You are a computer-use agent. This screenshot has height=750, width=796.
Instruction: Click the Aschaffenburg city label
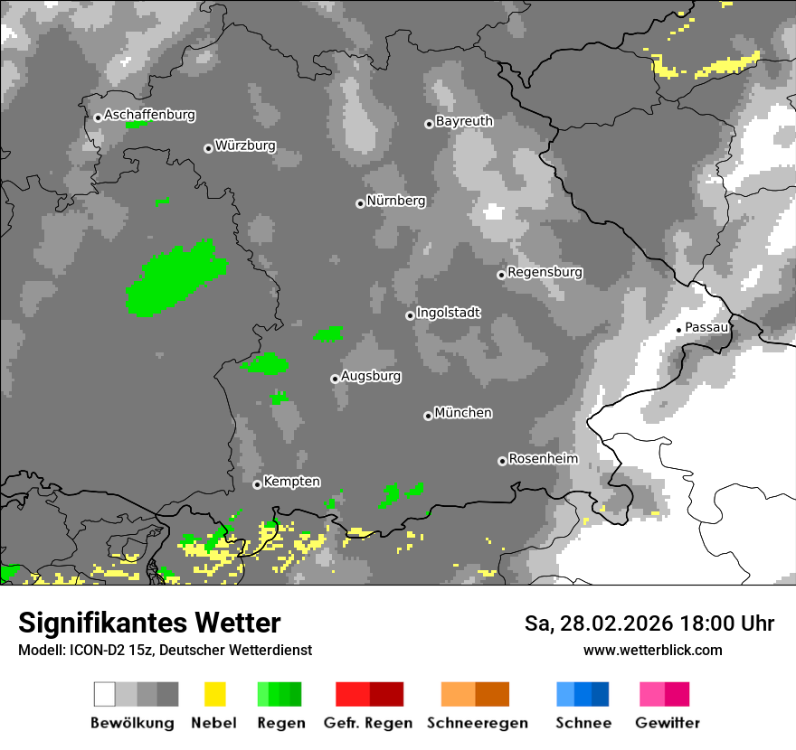click(149, 116)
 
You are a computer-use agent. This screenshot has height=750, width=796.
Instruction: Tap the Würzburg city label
click(245, 146)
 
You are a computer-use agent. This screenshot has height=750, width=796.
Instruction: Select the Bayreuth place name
click(464, 121)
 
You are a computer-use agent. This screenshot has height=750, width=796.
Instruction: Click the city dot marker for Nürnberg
click(360, 203)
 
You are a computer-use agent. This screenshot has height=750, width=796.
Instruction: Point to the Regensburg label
click(545, 272)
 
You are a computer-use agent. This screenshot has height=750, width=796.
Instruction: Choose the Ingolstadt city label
click(449, 314)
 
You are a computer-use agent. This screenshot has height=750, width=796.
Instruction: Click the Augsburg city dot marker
click(335, 379)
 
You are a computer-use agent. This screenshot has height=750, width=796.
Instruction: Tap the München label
click(463, 413)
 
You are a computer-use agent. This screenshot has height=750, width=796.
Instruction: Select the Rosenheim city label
click(543, 459)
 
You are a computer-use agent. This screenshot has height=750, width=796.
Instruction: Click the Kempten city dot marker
click(257, 484)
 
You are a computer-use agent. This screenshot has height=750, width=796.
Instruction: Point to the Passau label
click(706, 327)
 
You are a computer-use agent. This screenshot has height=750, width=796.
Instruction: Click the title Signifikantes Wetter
click(149, 623)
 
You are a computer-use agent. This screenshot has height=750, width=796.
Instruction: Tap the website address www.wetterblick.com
click(652, 650)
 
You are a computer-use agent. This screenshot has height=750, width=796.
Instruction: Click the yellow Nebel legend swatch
click(214, 694)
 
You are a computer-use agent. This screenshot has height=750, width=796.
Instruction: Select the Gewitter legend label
click(667, 723)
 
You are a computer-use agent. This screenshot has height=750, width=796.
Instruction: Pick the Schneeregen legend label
click(477, 723)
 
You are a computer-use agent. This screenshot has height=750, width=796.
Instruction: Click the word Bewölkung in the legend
click(132, 723)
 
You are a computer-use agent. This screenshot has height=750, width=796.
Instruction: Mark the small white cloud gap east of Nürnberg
click(493, 212)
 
